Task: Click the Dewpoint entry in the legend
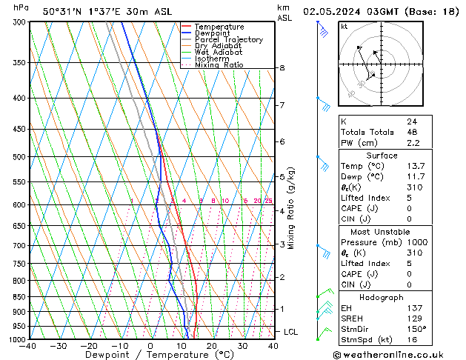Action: pyautogui.click(x=211, y=33)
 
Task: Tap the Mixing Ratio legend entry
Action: pyautogui.click(x=219, y=65)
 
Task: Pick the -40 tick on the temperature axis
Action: pyautogui.click(x=28, y=346)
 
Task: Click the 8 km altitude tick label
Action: pyautogui.click(x=282, y=68)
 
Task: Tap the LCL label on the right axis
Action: pyautogui.click(x=290, y=332)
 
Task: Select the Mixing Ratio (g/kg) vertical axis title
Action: pyautogui.click(x=291, y=208)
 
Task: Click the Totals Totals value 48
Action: pyautogui.click(x=411, y=132)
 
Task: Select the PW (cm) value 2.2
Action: pyautogui.click(x=412, y=143)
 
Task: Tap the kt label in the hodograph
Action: pyautogui.click(x=344, y=27)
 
